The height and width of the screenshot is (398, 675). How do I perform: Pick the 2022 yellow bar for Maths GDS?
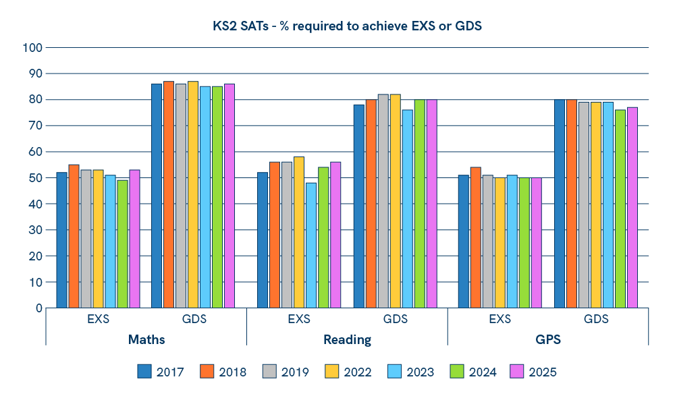click(192, 194)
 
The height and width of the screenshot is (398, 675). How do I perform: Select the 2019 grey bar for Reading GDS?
click(383, 201)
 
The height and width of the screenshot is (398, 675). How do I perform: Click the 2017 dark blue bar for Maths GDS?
click(156, 196)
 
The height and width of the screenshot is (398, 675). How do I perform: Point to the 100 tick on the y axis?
click(32, 48)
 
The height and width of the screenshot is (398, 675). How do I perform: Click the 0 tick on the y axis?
click(38, 308)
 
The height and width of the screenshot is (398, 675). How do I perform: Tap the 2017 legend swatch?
click(144, 372)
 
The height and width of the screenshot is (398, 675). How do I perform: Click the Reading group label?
click(347, 339)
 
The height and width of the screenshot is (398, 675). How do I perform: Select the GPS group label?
click(548, 339)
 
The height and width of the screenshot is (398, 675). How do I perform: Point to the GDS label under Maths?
click(194, 319)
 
